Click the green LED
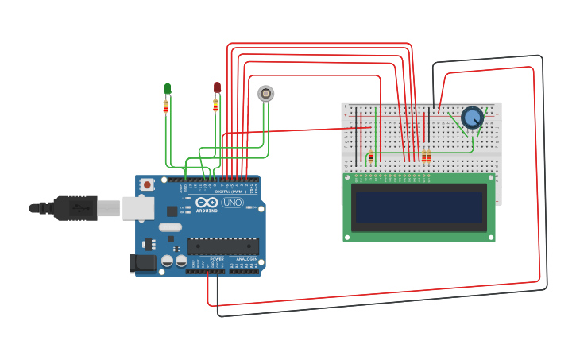pos(167,88)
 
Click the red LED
pos(217,87)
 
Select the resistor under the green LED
pos(166,106)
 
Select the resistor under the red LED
pos(215,105)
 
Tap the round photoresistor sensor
pos(266,94)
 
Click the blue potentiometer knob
pos(472,118)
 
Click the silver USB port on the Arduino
pos(138,208)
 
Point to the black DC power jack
pos(143,262)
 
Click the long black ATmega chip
pos(222,246)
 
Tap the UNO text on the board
pos(232,203)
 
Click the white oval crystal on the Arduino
pos(170,227)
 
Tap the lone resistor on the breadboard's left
pos(370,157)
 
